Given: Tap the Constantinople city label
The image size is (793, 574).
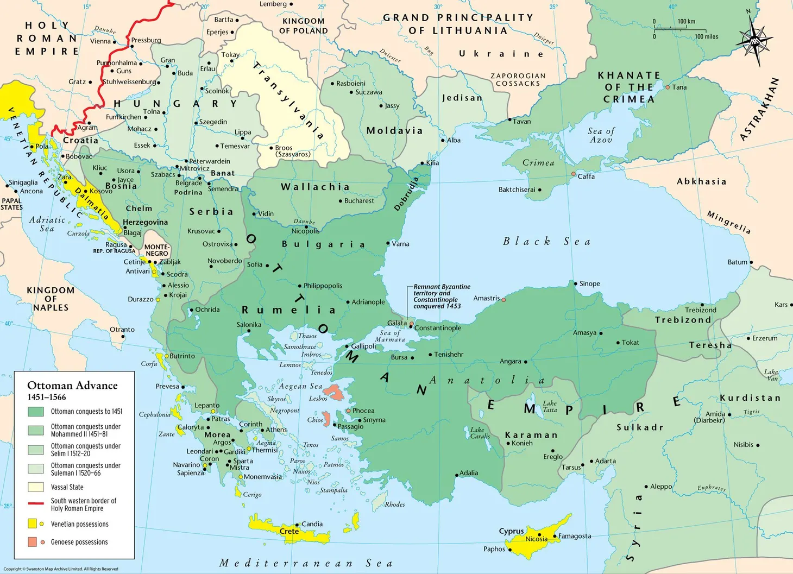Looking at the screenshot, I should tap(437, 328).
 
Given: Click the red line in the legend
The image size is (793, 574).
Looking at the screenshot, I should tap(36, 503).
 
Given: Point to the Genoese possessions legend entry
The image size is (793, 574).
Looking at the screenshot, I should tap(79, 542).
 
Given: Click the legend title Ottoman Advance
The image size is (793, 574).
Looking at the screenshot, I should tap(72, 386).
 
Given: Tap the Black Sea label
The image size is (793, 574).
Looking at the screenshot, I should tap(546, 241).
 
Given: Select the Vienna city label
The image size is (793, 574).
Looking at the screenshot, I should tap(100, 41).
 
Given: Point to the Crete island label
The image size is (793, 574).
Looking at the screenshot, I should tap(289, 531).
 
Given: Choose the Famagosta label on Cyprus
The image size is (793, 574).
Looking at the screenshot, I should tap(574, 536).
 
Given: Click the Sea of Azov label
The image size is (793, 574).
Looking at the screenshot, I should tap(601, 135).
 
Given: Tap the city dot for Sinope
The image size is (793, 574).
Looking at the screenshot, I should tap(575, 283).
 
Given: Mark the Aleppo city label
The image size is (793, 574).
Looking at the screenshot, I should tap(661, 487).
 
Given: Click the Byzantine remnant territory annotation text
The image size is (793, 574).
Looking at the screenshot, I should tap(441, 297).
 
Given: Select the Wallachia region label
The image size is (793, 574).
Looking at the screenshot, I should tap(315, 187).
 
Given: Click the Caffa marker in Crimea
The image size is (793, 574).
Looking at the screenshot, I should tap(573, 174).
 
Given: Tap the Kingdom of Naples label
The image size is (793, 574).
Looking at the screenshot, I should tap(51, 299).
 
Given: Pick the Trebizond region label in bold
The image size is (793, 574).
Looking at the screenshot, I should tap(683, 320).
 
